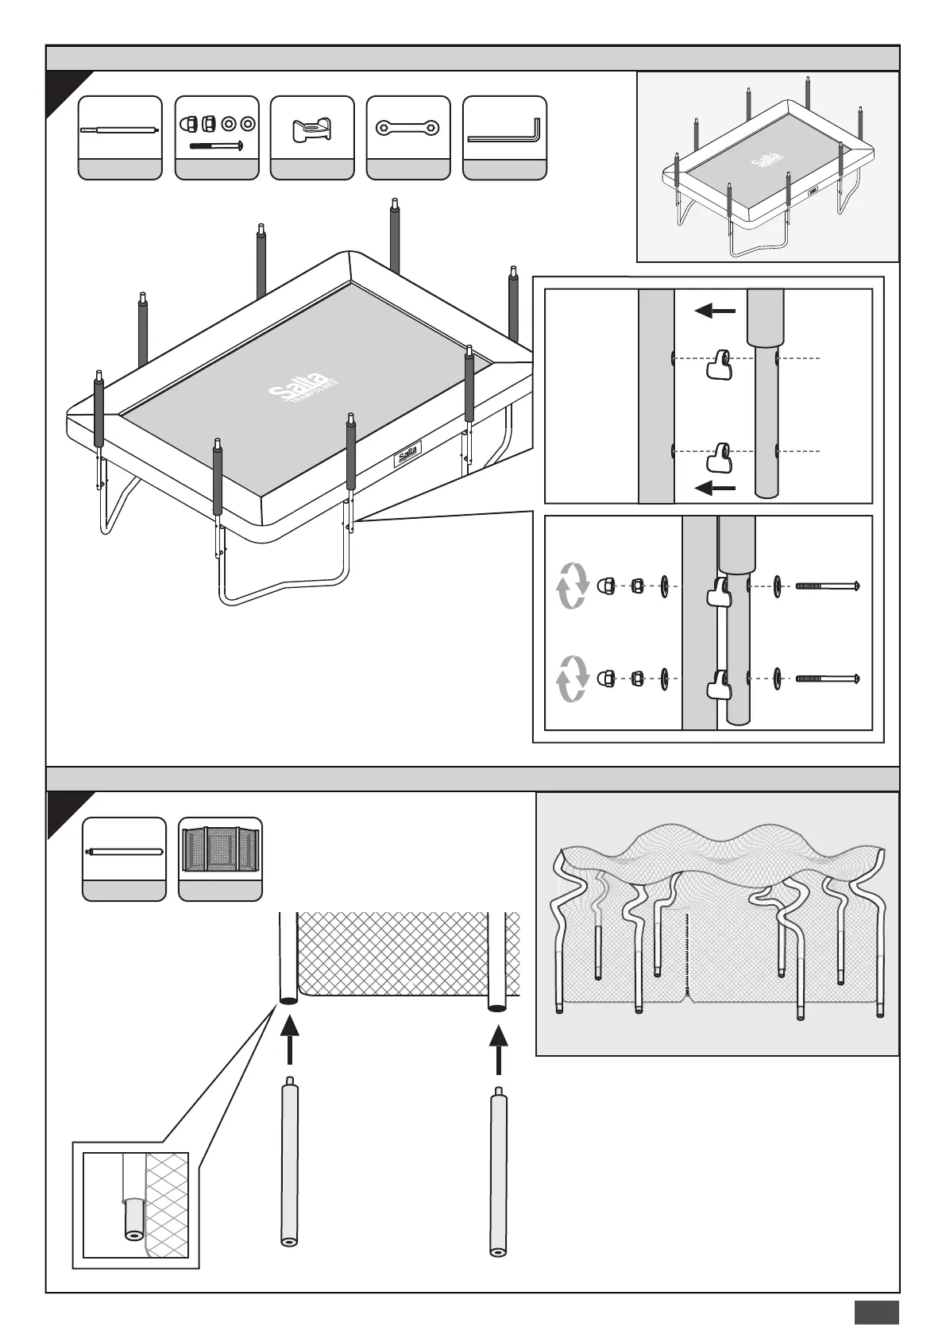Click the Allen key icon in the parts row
(x=504, y=130)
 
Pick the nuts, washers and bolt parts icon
(x=217, y=130)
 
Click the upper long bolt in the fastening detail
(x=827, y=587)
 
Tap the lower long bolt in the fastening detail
(x=827, y=679)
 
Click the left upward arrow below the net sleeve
(x=291, y=1039)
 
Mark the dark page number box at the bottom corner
(x=876, y=1312)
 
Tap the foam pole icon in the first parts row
(x=120, y=130)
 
